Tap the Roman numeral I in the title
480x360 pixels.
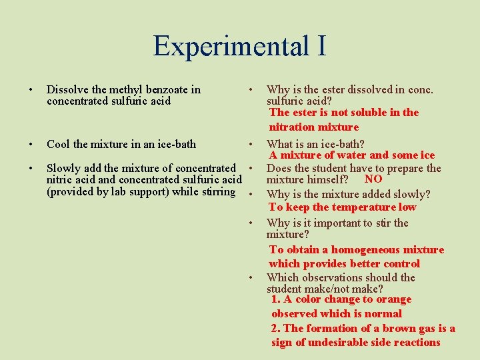(x=321, y=45)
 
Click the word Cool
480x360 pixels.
(x=58, y=144)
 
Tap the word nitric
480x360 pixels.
(x=60, y=180)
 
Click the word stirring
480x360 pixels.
(x=217, y=192)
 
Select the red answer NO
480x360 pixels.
(x=373, y=179)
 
